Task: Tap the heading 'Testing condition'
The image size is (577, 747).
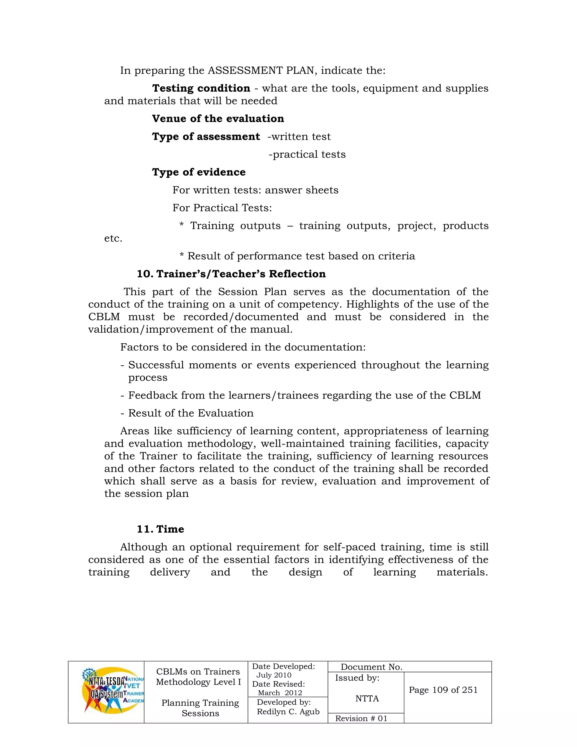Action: (x=201, y=88)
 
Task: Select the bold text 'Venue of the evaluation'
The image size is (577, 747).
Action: (x=218, y=119)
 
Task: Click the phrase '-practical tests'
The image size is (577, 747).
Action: (x=307, y=154)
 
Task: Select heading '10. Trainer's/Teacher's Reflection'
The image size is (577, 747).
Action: (x=231, y=274)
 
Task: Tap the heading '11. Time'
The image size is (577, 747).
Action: (x=160, y=529)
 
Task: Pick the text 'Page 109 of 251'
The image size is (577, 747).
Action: (x=443, y=690)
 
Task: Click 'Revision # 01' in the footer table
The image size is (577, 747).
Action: (x=361, y=718)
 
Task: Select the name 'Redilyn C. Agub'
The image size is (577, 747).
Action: (x=288, y=712)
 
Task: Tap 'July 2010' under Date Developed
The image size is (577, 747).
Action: (x=274, y=675)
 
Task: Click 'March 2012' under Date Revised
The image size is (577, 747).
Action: (x=279, y=693)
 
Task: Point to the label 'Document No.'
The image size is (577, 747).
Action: (x=371, y=667)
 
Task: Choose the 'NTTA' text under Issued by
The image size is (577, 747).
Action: (x=367, y=699)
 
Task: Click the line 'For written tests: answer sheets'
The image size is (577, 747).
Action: (x=255, y=190)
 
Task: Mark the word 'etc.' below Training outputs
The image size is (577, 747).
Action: (x=113, y=238)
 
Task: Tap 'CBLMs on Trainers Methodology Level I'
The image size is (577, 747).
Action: (x=198, y=677)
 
